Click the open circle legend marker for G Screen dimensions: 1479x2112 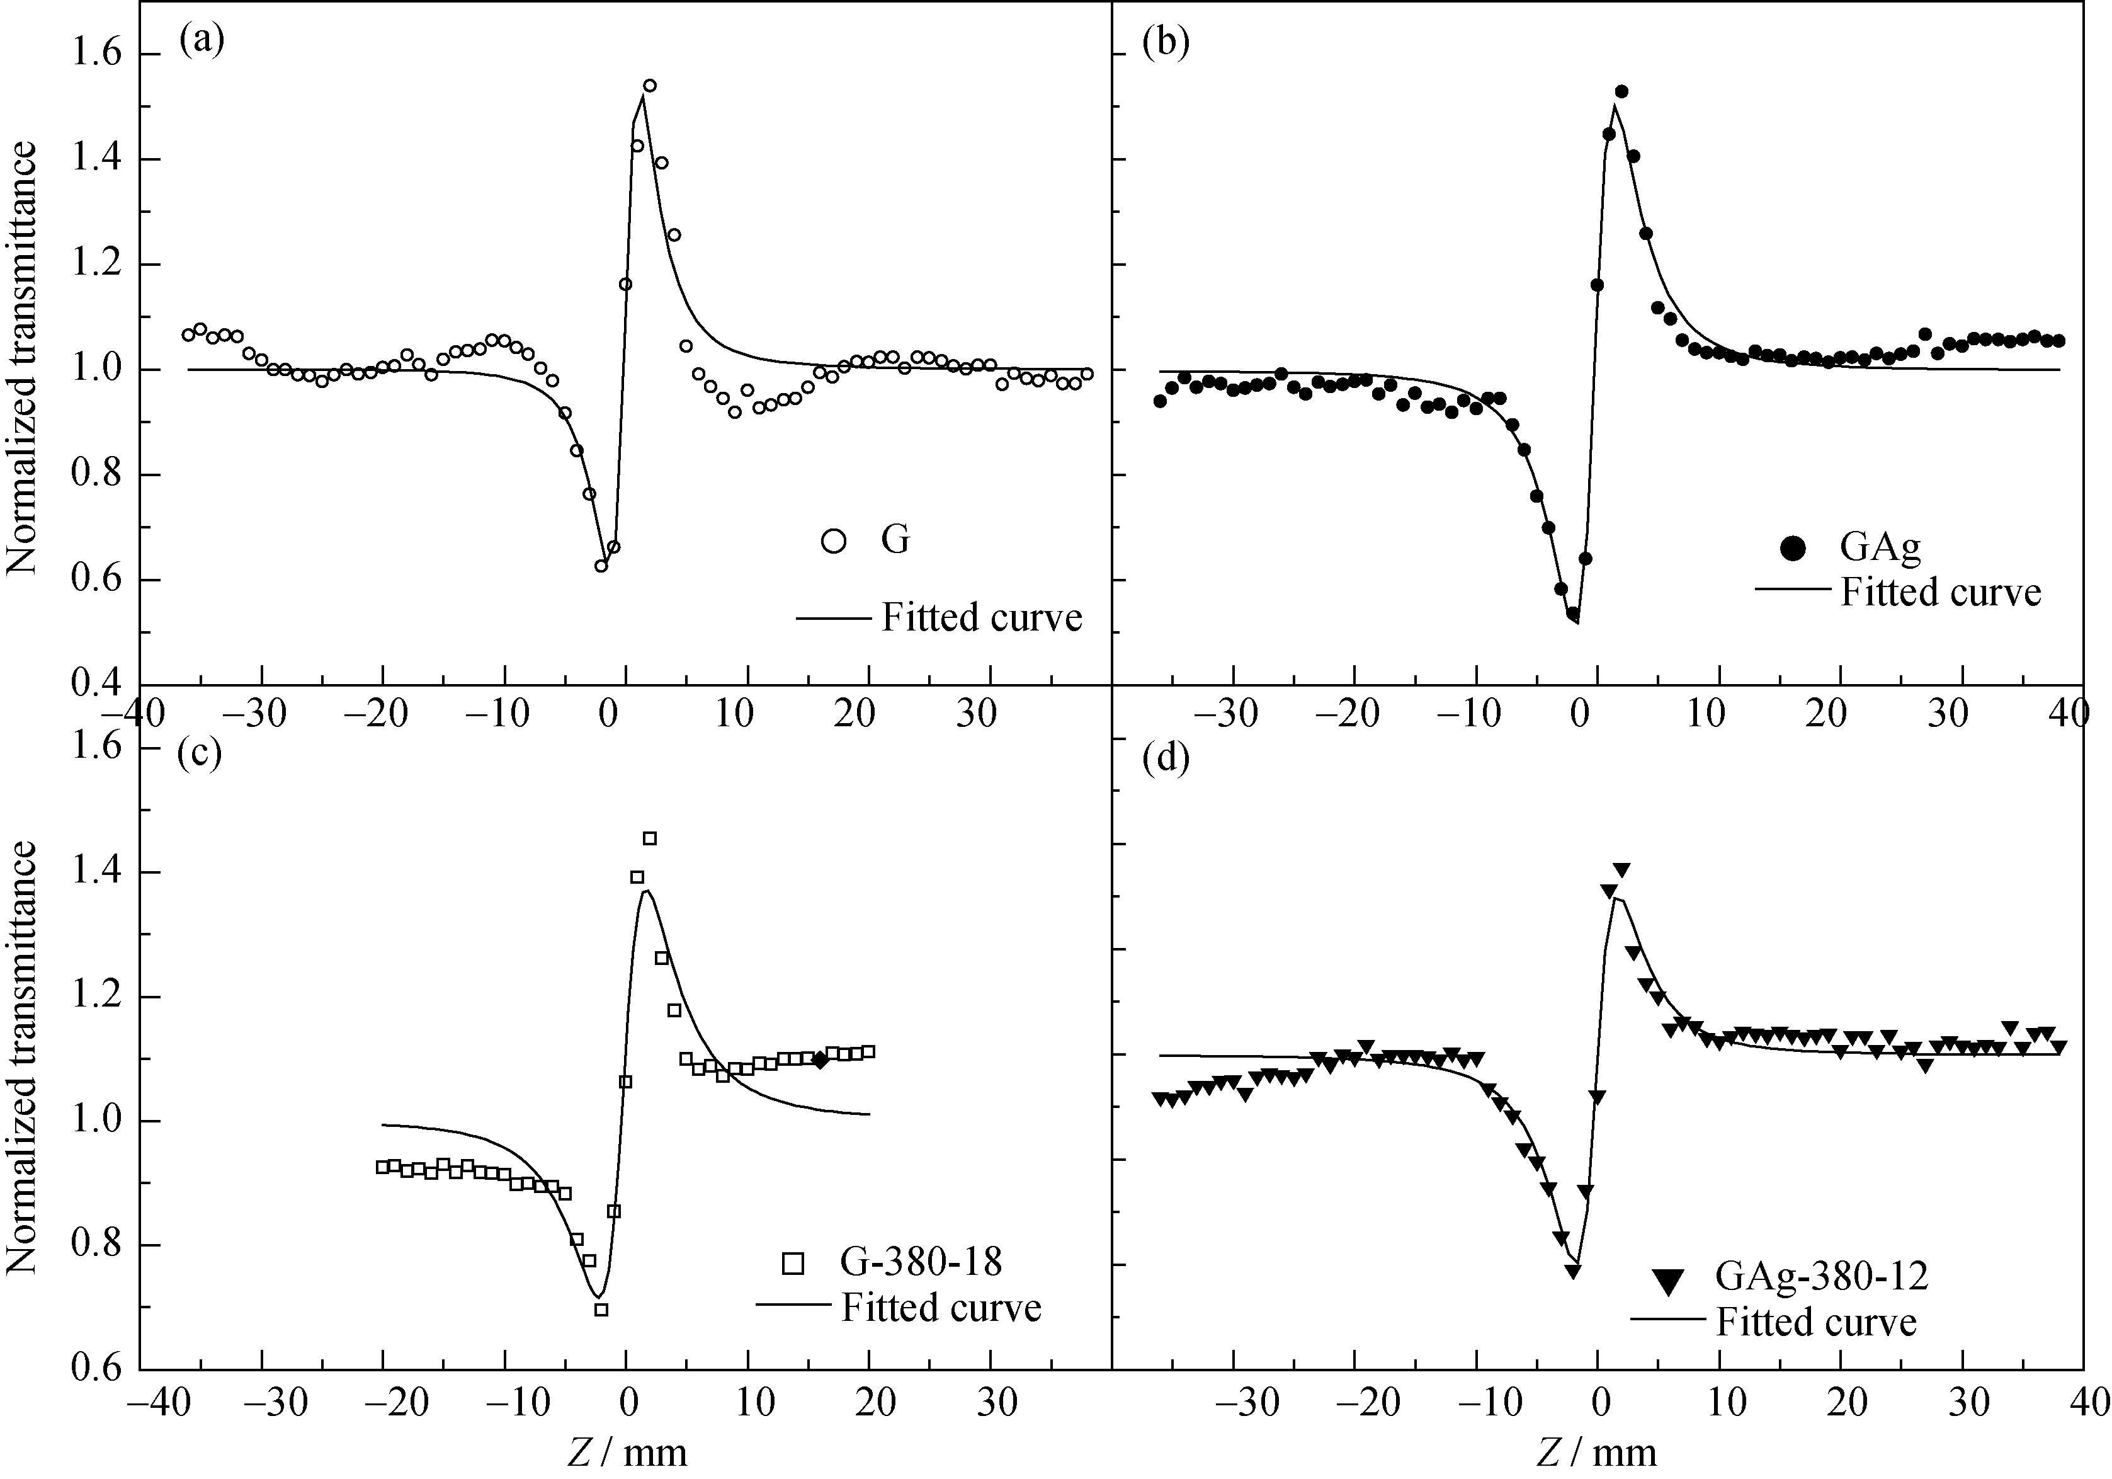(x=833, y=540)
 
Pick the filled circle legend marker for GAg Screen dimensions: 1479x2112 (x=1793, y=549)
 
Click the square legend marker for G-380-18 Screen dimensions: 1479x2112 (x=792, y=1263)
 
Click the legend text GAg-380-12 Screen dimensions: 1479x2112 (x=1821, y=1277)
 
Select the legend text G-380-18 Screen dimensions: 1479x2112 (x=921, y=1262)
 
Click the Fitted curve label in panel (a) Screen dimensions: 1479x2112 (x=982, y=617)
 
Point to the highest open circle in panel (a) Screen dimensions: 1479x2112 (x=649, y=86)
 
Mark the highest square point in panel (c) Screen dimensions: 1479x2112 (x=649, y=838)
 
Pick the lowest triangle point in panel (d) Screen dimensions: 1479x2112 (x=1573, y=1271)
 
